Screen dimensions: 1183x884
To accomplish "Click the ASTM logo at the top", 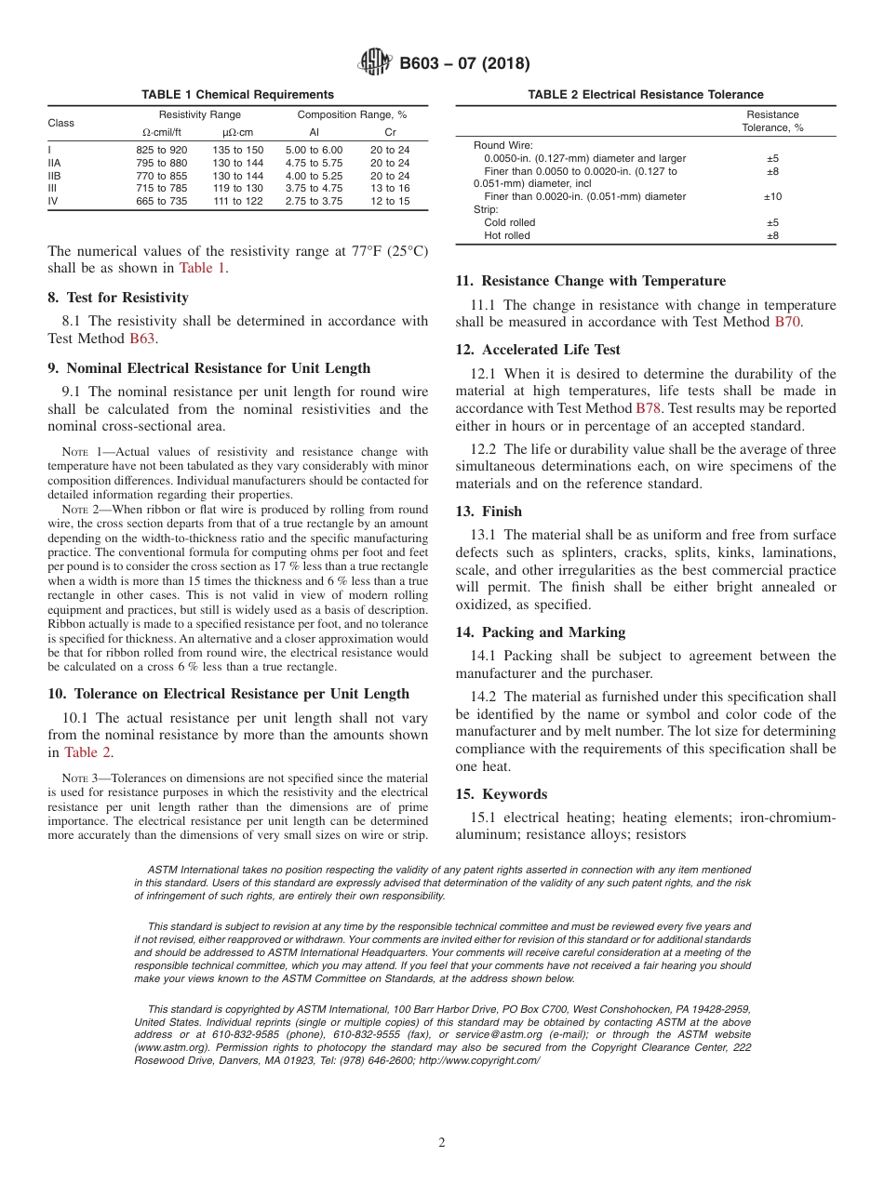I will (x=375, y=63).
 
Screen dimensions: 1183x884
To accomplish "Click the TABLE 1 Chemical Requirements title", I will (x=237, y=95).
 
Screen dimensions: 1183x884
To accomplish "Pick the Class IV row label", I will (x=53, y=201).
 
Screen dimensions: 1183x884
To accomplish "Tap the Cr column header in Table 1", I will (x=390, y=132).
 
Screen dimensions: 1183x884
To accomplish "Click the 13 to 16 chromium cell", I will (x=390, y=188).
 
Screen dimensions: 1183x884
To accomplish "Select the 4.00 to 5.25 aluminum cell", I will (x=314, y=176).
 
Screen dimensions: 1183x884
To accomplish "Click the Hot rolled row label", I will (x=507, y=236).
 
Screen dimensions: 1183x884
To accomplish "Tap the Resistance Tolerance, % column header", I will (x=772, y=122).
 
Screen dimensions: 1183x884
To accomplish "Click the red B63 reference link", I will (x=141, y=339).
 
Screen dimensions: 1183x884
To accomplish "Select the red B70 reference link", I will (x=788, y=322).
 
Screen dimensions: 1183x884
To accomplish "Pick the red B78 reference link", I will (x=648, y=408).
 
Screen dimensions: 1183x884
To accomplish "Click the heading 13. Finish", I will (x=489, y=512).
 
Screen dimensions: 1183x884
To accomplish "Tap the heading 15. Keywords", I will (x=501, y=794).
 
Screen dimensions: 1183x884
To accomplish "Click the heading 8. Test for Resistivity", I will (x=118, y=298).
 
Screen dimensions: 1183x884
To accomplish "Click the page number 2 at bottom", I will (x=442, y=1143).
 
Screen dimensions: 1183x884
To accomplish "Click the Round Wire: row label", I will (x=502, y=146).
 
